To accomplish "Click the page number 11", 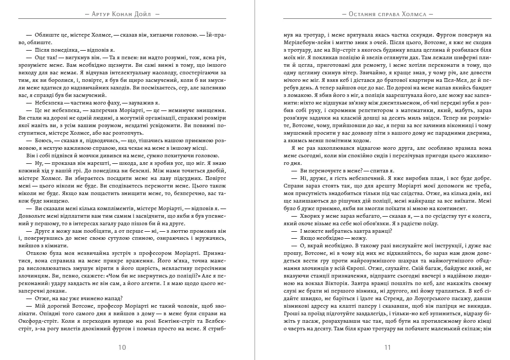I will tap(387, 347).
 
